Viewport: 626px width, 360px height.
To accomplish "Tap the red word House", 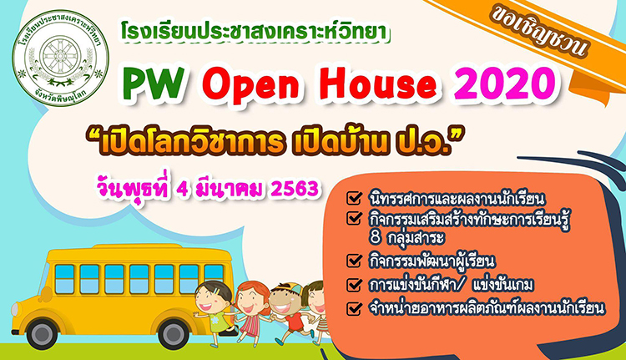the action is (377, 84).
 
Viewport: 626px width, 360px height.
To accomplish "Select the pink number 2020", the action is (505, 84).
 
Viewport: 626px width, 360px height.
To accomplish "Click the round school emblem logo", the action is (60, 58).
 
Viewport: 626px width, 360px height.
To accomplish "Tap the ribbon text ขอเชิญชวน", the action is (538, 33).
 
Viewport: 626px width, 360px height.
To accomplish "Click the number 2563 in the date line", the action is (295, 189).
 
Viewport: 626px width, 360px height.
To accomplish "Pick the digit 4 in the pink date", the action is (182, 190).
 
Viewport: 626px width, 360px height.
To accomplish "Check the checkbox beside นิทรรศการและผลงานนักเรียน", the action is (354, 197).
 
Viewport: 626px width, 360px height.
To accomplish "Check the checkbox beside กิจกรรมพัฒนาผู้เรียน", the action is (354, 260).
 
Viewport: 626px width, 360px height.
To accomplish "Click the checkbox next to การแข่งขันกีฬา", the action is (354, 285).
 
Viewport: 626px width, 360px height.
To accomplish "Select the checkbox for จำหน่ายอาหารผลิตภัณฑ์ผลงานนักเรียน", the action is (354, 308).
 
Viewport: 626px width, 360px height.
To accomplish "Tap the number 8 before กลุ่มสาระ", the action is (376, 237).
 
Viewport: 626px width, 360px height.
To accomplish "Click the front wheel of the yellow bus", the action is (42, 334).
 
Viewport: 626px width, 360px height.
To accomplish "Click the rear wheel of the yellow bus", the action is (173, 334).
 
